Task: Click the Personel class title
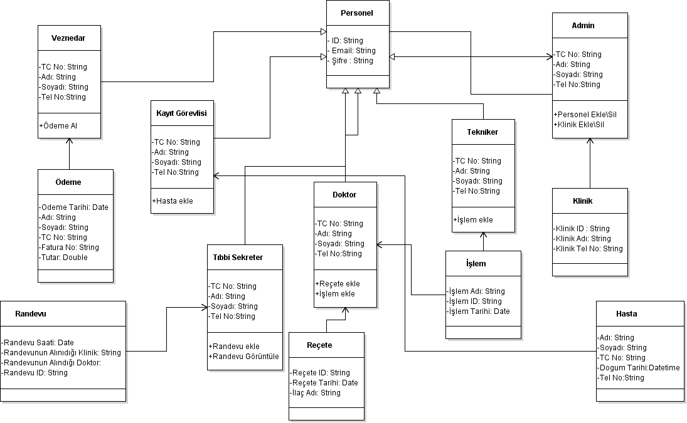point(356,13)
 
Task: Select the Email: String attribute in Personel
point(353,51)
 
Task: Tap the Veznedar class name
point(68,38)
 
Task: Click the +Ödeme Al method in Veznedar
point(58,125)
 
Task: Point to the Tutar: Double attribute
point(63,258)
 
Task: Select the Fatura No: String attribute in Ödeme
point(69,248)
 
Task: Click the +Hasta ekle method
point(173,201)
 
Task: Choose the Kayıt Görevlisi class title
point(181,113)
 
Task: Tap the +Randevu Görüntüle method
point(243,357)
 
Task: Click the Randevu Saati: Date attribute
point(38,343)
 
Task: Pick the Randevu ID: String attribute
point(35,373)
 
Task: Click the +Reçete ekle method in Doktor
point(338,284)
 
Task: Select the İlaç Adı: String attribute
point(315,393)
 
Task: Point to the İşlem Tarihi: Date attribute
point(478,311)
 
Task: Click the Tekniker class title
point(482,132)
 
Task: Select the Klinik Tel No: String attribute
point(588,249)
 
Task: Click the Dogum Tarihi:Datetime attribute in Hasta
point(638,368)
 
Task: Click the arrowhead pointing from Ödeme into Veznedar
point(70,142)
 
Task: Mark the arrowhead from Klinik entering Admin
point(590,142)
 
